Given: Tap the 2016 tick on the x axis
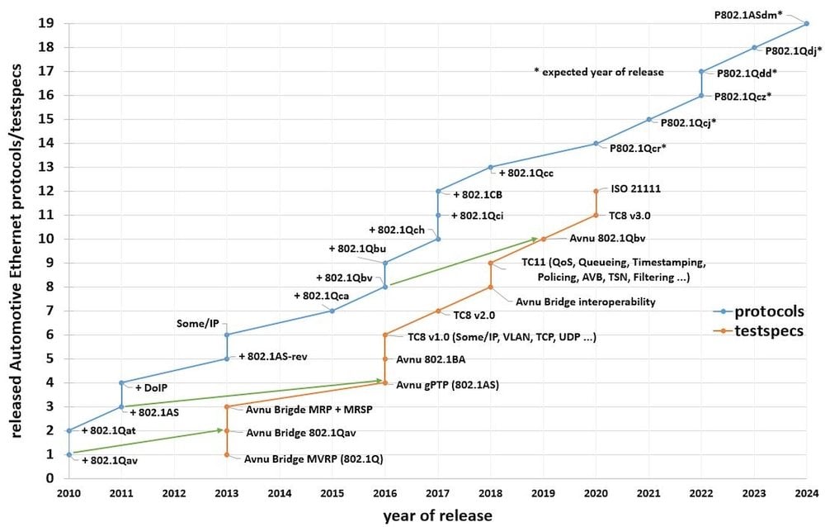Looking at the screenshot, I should (384, 494).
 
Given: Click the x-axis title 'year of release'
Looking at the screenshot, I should (437, 515).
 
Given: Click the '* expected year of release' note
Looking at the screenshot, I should (599, 72).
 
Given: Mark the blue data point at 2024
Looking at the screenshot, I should (807, 24).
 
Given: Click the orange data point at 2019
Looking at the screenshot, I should (543, 240).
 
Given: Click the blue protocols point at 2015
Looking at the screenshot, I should (332, 311).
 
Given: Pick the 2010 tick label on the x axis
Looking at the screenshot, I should (68, 494).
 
